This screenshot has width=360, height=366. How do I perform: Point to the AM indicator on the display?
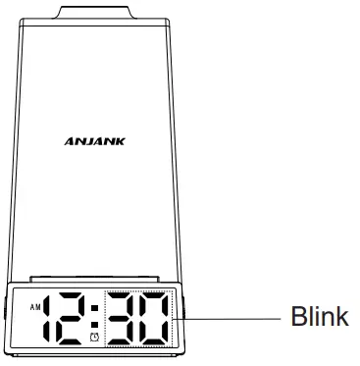pos(35,307)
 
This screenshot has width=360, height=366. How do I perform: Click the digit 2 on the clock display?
pos(75,320)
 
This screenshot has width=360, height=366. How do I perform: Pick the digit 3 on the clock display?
pos(126,320)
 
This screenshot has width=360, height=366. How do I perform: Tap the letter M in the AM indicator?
pos(38,307)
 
